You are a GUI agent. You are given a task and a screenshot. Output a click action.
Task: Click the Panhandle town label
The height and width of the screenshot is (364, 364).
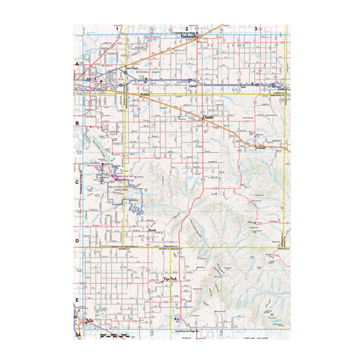[190, 36]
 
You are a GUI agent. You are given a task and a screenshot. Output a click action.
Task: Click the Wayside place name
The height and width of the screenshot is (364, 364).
[153, 230]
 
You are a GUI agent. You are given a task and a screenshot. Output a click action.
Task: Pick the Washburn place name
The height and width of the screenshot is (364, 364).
[144, 94]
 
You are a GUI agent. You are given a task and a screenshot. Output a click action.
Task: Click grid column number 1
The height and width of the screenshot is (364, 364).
[118, 29]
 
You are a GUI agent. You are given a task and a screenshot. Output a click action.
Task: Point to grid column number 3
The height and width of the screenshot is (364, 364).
[256, 29]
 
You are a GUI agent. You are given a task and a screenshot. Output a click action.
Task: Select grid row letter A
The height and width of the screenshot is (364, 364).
[77, 64]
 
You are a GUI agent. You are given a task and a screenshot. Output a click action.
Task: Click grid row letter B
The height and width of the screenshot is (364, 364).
[77, 123]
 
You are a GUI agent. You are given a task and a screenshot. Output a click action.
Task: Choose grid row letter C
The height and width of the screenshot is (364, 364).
[77, 181]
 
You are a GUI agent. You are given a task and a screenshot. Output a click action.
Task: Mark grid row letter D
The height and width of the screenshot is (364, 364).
[77, 240]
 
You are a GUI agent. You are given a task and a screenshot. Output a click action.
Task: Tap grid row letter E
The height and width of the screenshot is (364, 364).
[77, 300]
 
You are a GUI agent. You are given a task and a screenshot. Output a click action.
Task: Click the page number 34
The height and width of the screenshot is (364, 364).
[78, 335]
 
